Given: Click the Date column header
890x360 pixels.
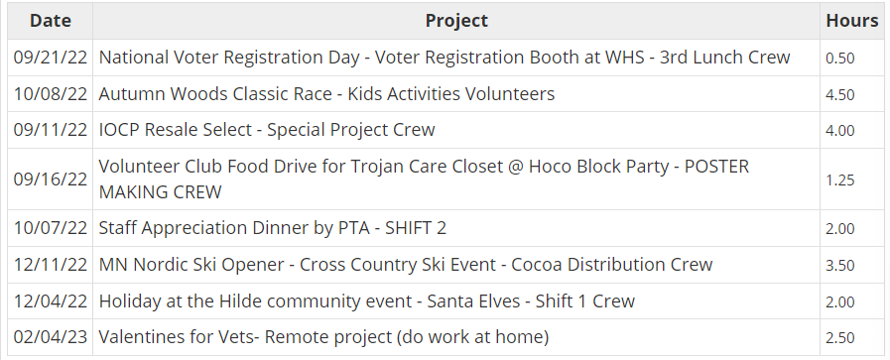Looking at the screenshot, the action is [x=50, y=21].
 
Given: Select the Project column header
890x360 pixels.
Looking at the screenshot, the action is [x=456, y=21].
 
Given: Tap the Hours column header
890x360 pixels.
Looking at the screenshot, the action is [x=852, y=21].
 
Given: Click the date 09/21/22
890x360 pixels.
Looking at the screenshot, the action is [x=50, y=58].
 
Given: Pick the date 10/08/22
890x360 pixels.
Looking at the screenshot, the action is [x=50, y=93].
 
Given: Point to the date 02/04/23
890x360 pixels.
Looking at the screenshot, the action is [x=50, y=337].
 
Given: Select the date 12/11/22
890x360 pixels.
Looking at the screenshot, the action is [x=50, y=264].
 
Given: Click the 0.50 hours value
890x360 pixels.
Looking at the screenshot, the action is [x=840, y=59].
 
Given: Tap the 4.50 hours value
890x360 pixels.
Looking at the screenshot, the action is [x=840, y=94].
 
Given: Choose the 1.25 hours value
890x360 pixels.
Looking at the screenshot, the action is [x=840, y=180].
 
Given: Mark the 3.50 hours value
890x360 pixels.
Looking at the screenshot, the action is [x=840, y=266].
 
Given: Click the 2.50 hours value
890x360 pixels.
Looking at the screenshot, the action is [x=840, y=338].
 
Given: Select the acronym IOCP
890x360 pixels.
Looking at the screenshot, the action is [x=119, y=130].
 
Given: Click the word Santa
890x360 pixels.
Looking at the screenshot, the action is [x=450, y=300].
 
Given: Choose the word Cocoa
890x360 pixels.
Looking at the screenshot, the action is [x=537, y=264].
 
